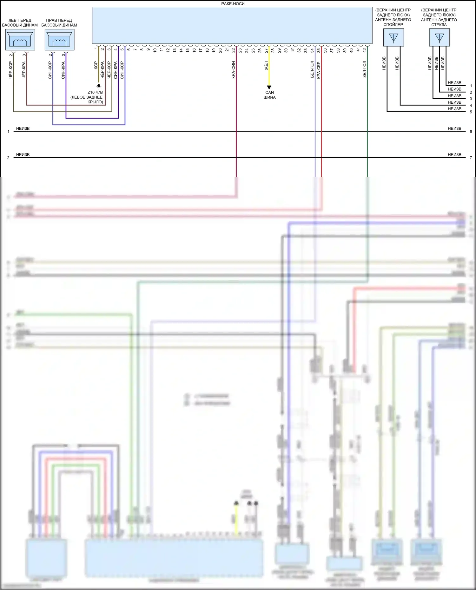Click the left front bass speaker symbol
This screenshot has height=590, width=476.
20,40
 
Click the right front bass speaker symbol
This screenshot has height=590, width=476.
59,40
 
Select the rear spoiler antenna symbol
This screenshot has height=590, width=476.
393,37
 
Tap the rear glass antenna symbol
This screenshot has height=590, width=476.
439,37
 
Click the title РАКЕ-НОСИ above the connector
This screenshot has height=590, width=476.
233,4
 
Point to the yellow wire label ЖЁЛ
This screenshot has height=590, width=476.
266,66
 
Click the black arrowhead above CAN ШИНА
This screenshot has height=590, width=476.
269,87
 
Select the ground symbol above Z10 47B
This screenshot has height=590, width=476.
99,86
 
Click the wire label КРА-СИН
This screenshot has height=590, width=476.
233,70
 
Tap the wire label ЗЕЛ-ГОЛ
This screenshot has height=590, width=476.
365,69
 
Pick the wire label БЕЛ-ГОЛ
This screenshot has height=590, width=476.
312,69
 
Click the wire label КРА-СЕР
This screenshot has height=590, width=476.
319,70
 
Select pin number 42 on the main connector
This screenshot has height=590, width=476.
365,50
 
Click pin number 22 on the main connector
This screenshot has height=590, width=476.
234,50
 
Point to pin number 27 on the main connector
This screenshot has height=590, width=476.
266,50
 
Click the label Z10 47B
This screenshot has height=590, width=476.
95,92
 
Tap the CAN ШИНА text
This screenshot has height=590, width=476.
269,95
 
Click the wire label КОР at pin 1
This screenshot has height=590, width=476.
96,66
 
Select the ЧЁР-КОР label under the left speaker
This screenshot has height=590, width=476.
10,70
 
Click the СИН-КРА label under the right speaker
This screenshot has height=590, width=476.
63,70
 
